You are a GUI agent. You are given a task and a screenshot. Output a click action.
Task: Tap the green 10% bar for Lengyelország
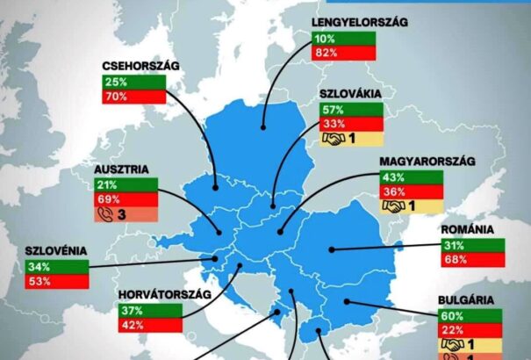pyautogui.click(x=344, y=39)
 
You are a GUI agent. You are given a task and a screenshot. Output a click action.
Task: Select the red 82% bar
pyautogui.click(x=344, y=53)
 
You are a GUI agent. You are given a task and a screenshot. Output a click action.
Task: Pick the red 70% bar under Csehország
pyautogui.click(x=135, y=96)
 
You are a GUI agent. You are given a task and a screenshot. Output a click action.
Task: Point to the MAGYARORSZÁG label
pyautogui.click(x=414, y=162)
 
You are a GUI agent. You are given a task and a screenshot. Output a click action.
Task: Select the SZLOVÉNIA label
pyautogui.click(x=57, y=251)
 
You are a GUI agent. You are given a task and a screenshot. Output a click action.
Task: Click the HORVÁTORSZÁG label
pyautogui.click(x=162, y=293)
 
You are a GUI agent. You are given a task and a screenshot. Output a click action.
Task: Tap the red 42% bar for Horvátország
pyautogui.click(x=149, y=324)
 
